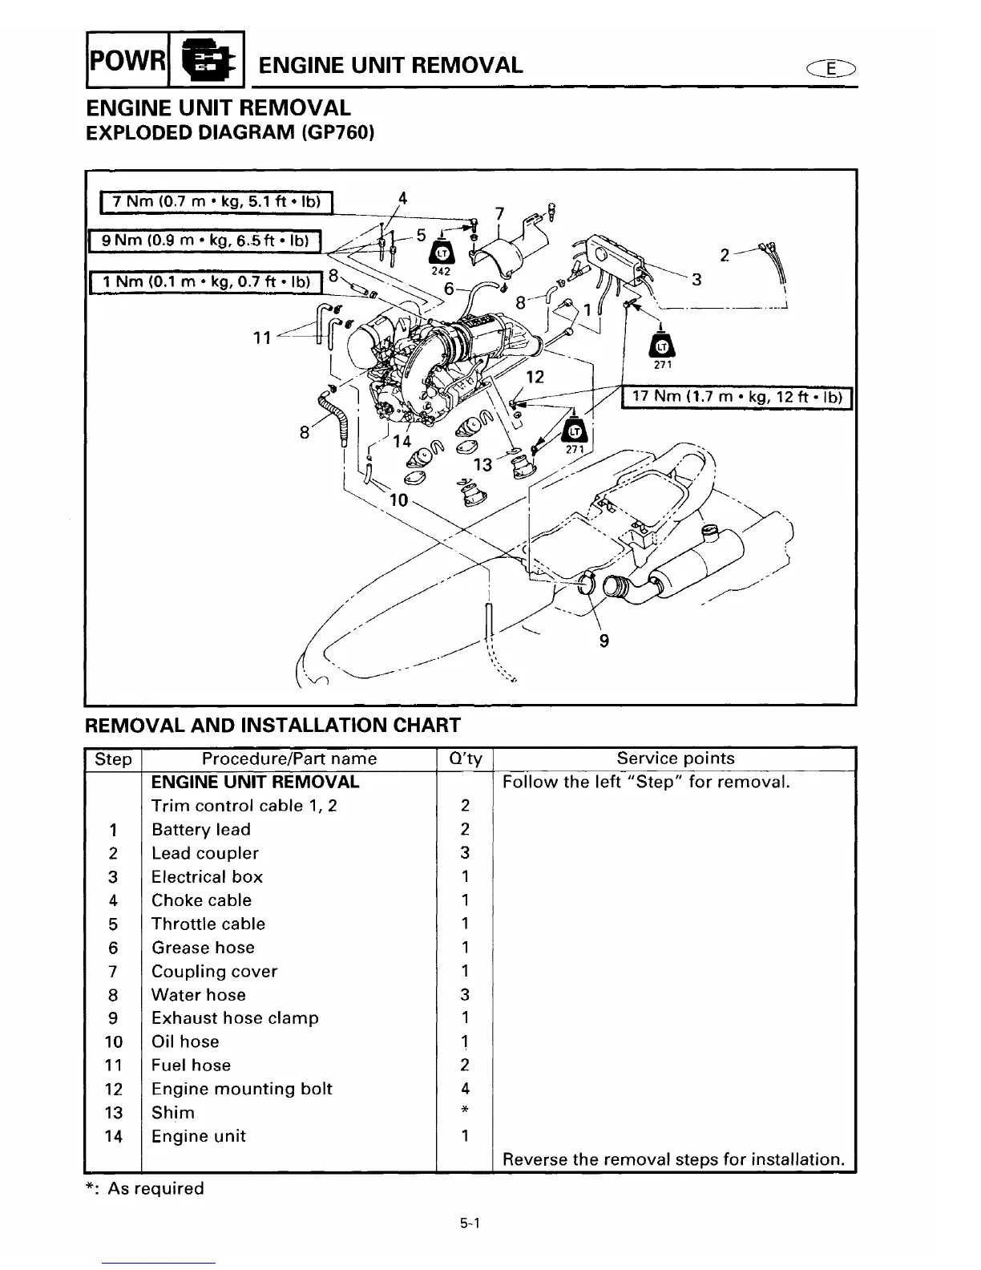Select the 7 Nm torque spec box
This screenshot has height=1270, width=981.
(x=216, y=203)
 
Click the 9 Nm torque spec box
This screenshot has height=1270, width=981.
(x=205, y=240)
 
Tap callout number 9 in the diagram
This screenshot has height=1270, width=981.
(x=604, y=640)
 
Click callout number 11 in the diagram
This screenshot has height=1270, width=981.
(x=262, y=338)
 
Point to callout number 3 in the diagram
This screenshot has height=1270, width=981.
(x=696, y=279)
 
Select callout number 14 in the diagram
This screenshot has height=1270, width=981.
(x=401, y=441)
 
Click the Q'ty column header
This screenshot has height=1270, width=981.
(x=464, y=758)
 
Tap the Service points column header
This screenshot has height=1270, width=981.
(x=675, y=758)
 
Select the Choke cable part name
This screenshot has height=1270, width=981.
(x=201, y=900)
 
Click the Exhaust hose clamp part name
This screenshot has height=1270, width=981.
(x=235, y=1018)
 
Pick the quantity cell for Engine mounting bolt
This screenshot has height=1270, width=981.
(x=465, y=1089)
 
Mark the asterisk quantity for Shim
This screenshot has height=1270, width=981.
(x=465, y=1112)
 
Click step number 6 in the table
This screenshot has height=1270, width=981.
(x=113, y=948)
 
